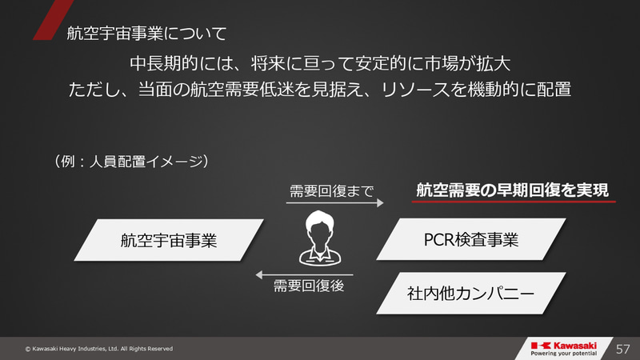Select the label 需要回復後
[x=309, y=286]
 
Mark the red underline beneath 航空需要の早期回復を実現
[x=514, y=202]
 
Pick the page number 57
[x=624, y=349]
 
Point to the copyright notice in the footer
[x=99, y=349]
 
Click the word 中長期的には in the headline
[x=172, y=62]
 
